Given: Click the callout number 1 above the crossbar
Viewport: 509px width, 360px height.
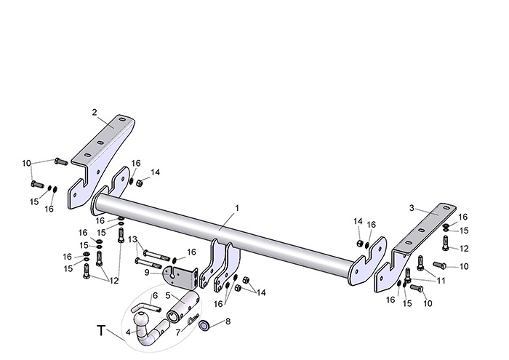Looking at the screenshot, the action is pyautogui.click(x=237, y=208).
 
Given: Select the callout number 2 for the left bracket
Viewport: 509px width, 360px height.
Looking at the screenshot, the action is pyautogui.click(x=94, y=112).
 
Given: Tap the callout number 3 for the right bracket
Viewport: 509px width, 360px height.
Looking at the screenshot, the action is pyautogui.click(x=412, y=208).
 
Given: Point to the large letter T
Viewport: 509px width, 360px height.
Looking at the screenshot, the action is pyautogui.click(x=101, y=331).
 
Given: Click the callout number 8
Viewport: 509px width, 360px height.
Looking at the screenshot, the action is pyautogui.click(x=228, y=321).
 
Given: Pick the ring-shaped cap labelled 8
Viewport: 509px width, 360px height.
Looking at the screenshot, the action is pyautogui.click(x=204, y=326).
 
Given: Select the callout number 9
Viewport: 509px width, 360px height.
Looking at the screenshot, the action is pyautogui.click(x=147, y=273).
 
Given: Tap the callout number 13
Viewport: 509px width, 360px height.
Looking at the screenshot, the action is pyautogui.click(x=133, y=239).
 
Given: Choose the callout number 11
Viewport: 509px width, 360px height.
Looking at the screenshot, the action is pyautogui.click(x=441, y=280).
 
